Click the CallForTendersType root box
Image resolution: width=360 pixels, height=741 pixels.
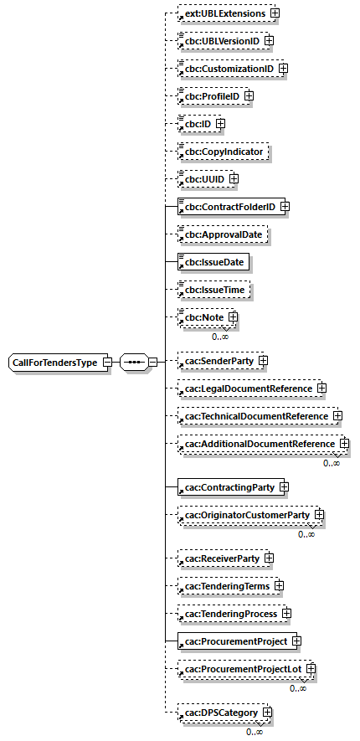tap(54, 363)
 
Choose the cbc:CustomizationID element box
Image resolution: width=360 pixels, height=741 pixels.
tap(227, 69)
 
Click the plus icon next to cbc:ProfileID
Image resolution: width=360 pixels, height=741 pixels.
tap(249, 96)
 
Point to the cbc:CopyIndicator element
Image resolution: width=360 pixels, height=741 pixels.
tap(222, 152)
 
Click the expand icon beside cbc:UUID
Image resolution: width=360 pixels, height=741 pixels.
tap(234, 178)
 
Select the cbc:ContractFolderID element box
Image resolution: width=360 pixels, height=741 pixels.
tap(228, 206)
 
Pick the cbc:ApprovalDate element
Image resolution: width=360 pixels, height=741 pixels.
tap(222, 235)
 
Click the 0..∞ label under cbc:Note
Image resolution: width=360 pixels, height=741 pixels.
tap(220, 336)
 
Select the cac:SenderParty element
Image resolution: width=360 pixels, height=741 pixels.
tap(216, 361)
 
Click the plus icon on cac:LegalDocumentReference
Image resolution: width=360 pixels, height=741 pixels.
tap(321, 389)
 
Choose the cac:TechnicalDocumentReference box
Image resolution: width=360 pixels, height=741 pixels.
tap(255, 415)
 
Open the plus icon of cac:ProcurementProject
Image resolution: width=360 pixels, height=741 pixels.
tap(296, 641)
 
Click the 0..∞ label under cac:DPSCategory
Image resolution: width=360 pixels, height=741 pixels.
tap(255, 731)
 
